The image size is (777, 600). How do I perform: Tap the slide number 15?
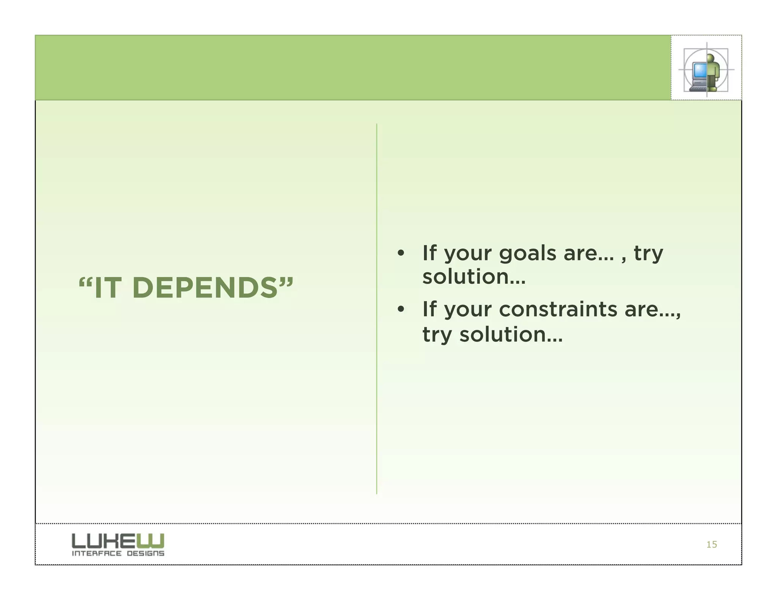tap(711, 544)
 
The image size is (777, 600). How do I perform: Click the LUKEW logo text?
tap(118, 540)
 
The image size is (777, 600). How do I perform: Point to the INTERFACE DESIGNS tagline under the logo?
tap(118, 553)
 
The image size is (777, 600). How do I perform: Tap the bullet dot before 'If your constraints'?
tap(401, 309)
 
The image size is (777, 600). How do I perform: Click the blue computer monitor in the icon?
tap(699, 71)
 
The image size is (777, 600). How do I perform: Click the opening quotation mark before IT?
tap(86, 283)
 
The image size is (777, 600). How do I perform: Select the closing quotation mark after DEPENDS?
tap(286, 283)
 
